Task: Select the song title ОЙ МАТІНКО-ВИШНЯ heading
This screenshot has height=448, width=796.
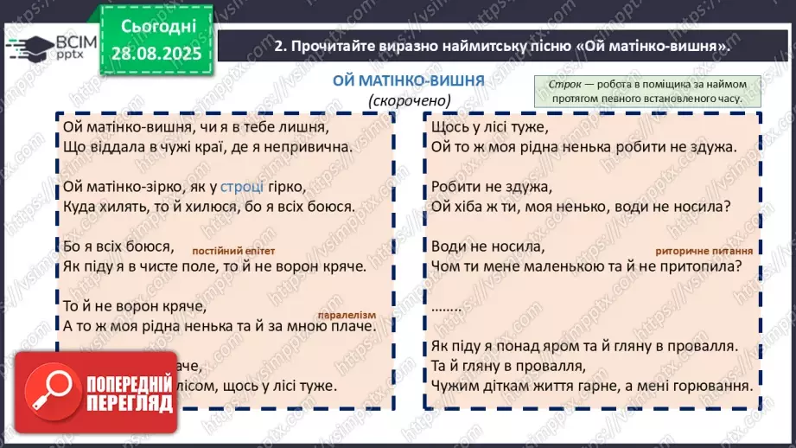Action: pos(409,80)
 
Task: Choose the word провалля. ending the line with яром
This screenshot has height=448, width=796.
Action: pos(707,347)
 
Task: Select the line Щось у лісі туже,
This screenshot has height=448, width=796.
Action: pos(488,127)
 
